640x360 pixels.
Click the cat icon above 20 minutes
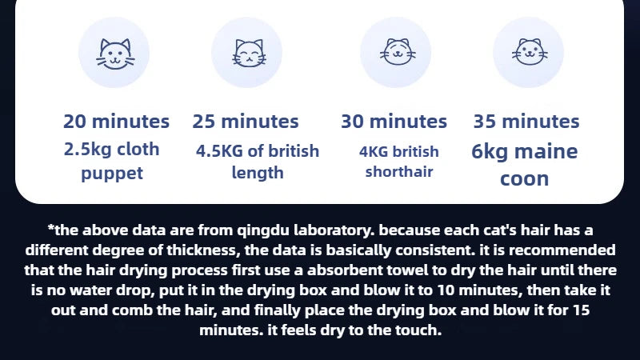115,54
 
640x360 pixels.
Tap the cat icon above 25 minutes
249,53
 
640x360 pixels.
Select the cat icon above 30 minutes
398,52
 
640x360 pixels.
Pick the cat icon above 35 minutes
530,52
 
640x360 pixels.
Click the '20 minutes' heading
116,122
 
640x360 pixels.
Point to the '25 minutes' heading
246,122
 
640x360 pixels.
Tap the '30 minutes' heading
394,122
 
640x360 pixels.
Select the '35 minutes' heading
526,122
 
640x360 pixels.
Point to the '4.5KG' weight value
219,151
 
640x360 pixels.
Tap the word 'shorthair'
398,171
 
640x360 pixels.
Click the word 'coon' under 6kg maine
525,179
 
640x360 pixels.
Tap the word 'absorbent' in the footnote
345,270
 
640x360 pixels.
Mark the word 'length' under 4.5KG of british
258,173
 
